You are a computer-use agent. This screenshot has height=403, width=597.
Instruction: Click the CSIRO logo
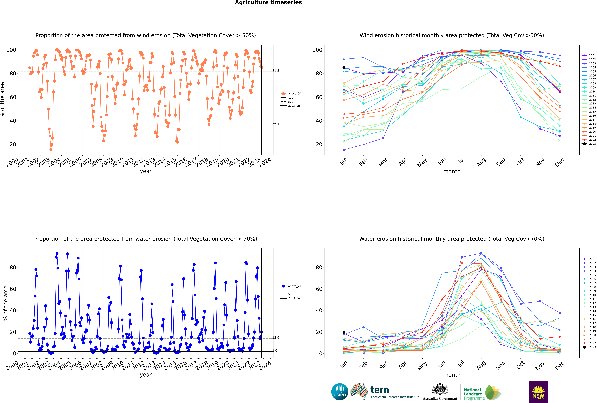click(x=340, y=392)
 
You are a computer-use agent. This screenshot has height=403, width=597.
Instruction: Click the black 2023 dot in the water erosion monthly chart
click(x=344, y=332)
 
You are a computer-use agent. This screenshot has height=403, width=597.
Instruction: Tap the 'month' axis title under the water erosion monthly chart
click(x=452, y=375)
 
